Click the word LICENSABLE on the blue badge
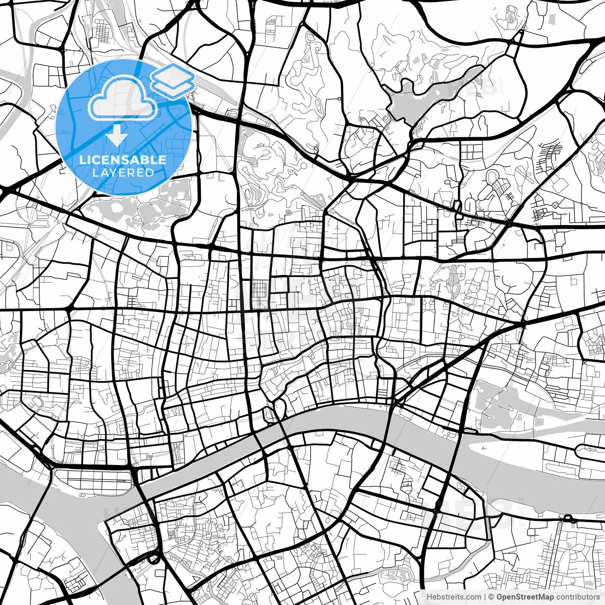(123, 160)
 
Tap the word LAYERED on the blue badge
(123, 173)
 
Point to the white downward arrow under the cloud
(116, 136)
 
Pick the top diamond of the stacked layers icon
(173, 74)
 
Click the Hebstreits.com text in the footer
(454, 596)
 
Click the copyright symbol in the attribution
(491, 596)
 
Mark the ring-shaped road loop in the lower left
(154, 559)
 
